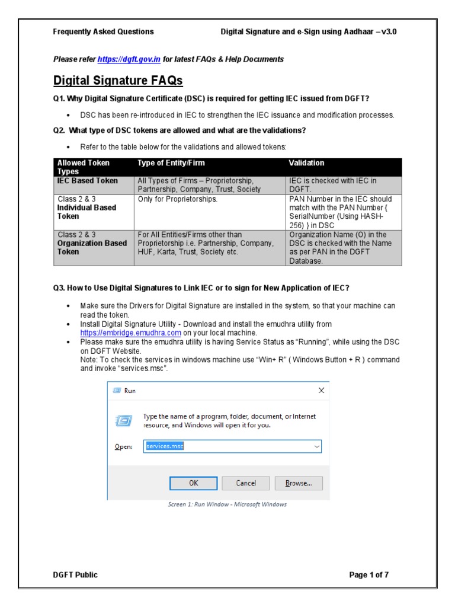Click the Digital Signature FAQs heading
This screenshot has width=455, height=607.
pos(118,80)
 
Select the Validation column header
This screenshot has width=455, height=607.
pos(306,163)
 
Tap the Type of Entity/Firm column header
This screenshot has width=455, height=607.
pos(171,163)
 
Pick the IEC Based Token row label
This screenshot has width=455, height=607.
pos(87,181)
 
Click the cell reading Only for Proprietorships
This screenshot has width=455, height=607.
pos(178,199)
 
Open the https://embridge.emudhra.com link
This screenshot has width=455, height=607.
pos(130,333)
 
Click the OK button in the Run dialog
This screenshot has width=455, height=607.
pos(194,483)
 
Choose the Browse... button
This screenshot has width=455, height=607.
pos(298,483)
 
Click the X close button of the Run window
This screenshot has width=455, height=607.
pos(321,391)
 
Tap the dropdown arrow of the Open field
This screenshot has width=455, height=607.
pos(316,446)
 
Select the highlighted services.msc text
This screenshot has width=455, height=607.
pos(164,446)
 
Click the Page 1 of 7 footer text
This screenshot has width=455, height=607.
pos(369,574)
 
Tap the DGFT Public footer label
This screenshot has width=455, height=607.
pos(75,574)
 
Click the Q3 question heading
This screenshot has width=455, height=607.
pos(201,288)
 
